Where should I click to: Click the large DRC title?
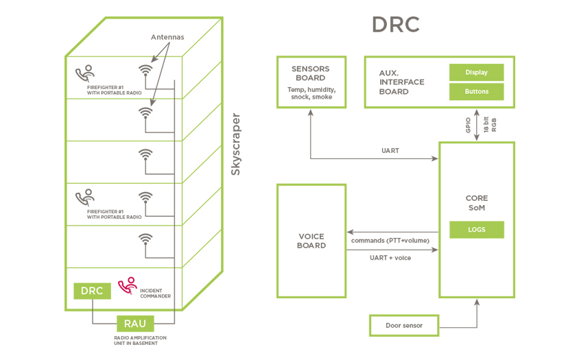click(x=395, y=24)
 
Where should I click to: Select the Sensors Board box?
click(x=311, y=82)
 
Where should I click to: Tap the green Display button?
click(x=477, y=72)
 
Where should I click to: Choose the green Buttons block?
click(x=477, y=91)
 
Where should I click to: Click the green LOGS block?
click(x=477, y=230)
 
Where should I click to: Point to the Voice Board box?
click(x=311, y=240)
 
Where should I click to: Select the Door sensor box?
click(x=403, y=325)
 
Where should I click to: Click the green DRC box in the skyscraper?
click(x=92, y=291)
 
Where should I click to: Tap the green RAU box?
click(x=135, y=324)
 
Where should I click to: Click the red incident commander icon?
click(x=128, y=285)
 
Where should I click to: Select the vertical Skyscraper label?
click(x=235, y=145)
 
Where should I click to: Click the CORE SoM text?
click(x=476, y=203)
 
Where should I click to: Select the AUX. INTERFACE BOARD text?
click(x=402, y=82)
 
